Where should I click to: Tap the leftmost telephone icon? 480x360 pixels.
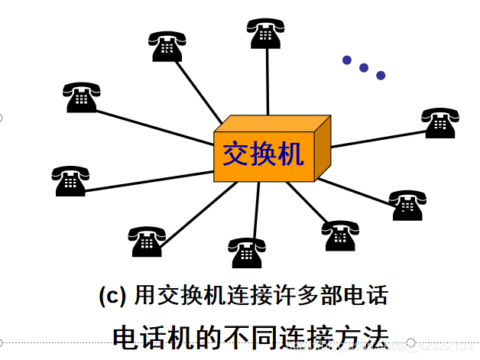[x=70, y=181]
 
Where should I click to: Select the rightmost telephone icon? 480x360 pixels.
[x=441, y=122]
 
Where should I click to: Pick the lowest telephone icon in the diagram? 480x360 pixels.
[x=247, y=252]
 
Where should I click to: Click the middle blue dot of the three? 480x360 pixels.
[x=364, y=67]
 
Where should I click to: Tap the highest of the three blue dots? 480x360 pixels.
[x=347, y=60]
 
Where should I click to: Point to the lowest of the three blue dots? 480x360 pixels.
[x=381, y=75]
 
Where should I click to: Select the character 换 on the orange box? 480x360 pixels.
[x=263, y=154]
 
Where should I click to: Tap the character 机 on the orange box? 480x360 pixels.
[x=290, y=154]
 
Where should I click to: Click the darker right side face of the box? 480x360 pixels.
[x=323, y=151]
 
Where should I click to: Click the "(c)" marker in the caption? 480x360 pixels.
[x=113, y=295]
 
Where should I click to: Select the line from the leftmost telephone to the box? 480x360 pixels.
[x=145, y=180]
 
